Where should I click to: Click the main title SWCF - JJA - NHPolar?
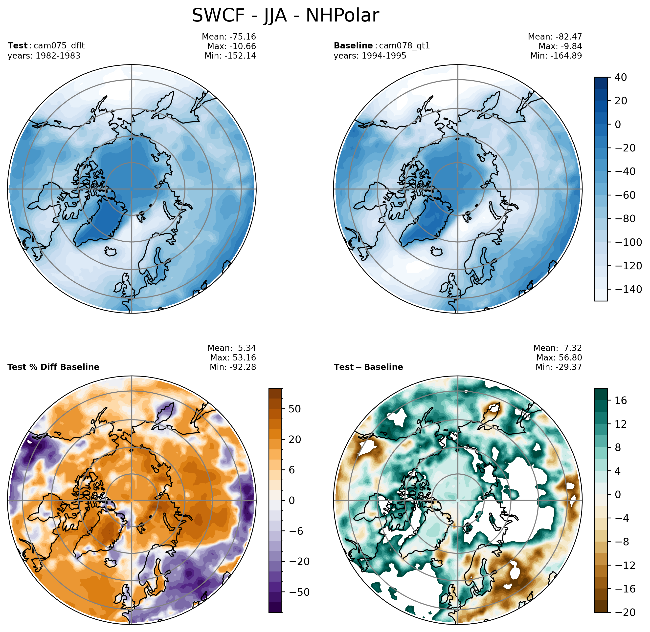285,16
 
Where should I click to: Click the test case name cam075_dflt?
59,45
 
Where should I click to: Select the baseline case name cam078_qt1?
404,45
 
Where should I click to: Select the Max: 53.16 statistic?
233,358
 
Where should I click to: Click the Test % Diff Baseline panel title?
53,367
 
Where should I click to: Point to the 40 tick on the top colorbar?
621,77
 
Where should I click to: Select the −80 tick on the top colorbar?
625,219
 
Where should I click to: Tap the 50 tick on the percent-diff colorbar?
295,409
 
